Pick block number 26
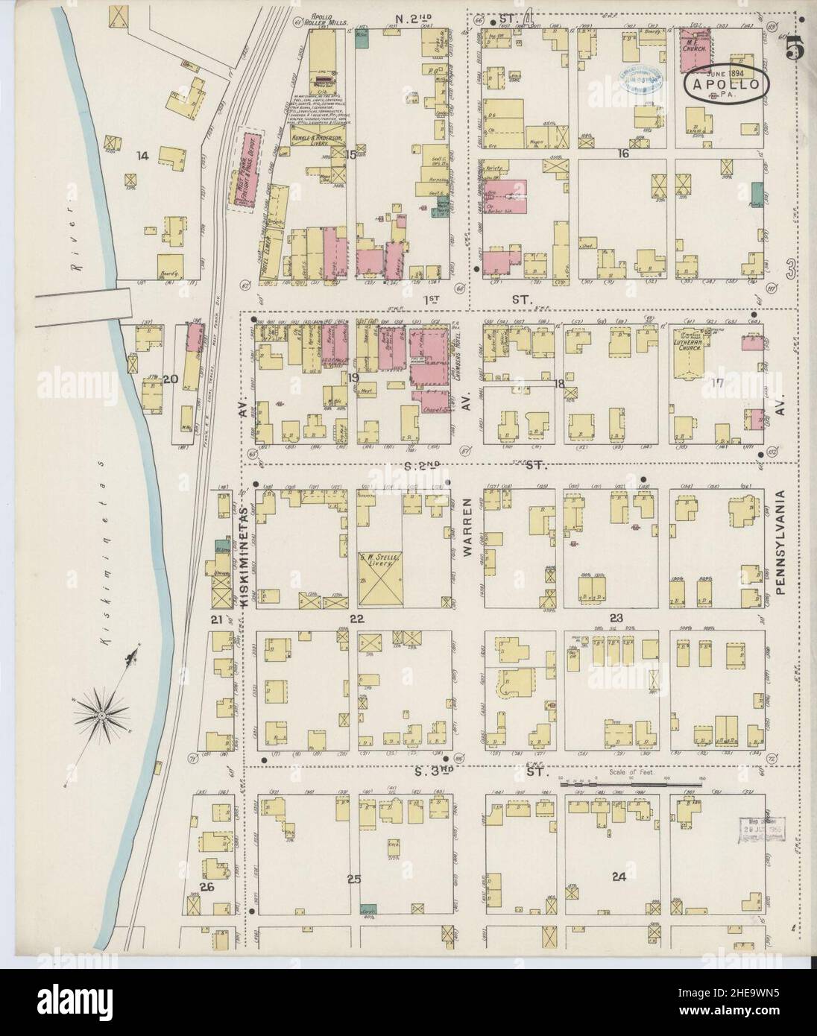point(206,887)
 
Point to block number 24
point(617,877)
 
